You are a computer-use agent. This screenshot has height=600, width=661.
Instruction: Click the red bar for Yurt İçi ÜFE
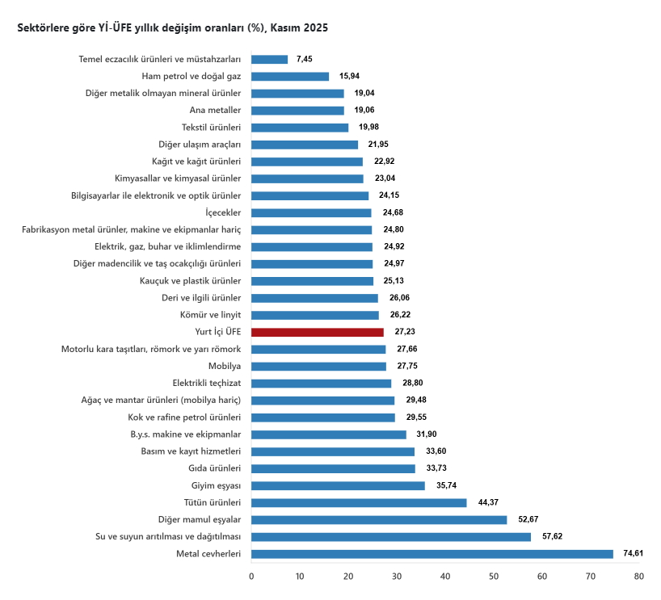tap(318, 332)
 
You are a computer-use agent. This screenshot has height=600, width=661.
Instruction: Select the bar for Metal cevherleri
tap(432, 554)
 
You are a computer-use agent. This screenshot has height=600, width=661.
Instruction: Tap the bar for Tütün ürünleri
tap(359, 502)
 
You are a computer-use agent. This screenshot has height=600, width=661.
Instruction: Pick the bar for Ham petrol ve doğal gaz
tap(290, 77)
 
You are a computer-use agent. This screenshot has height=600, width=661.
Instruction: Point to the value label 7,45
tap(305, 60)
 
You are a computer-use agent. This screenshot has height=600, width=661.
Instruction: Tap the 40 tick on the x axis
tap(445, 577)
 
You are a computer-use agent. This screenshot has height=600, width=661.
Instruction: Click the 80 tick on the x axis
tap(639, 577)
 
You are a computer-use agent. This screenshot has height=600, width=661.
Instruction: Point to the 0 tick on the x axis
tap(251, 577)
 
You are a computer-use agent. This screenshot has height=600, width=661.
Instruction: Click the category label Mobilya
tap(225, 366)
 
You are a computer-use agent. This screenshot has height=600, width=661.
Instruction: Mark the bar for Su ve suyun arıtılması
tap(391, 537)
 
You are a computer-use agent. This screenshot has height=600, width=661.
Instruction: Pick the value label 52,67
tap(527, 519)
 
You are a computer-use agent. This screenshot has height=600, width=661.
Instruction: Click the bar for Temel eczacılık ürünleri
tap(269, 60)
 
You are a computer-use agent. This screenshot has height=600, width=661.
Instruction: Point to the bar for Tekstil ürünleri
tap(300, 128)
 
